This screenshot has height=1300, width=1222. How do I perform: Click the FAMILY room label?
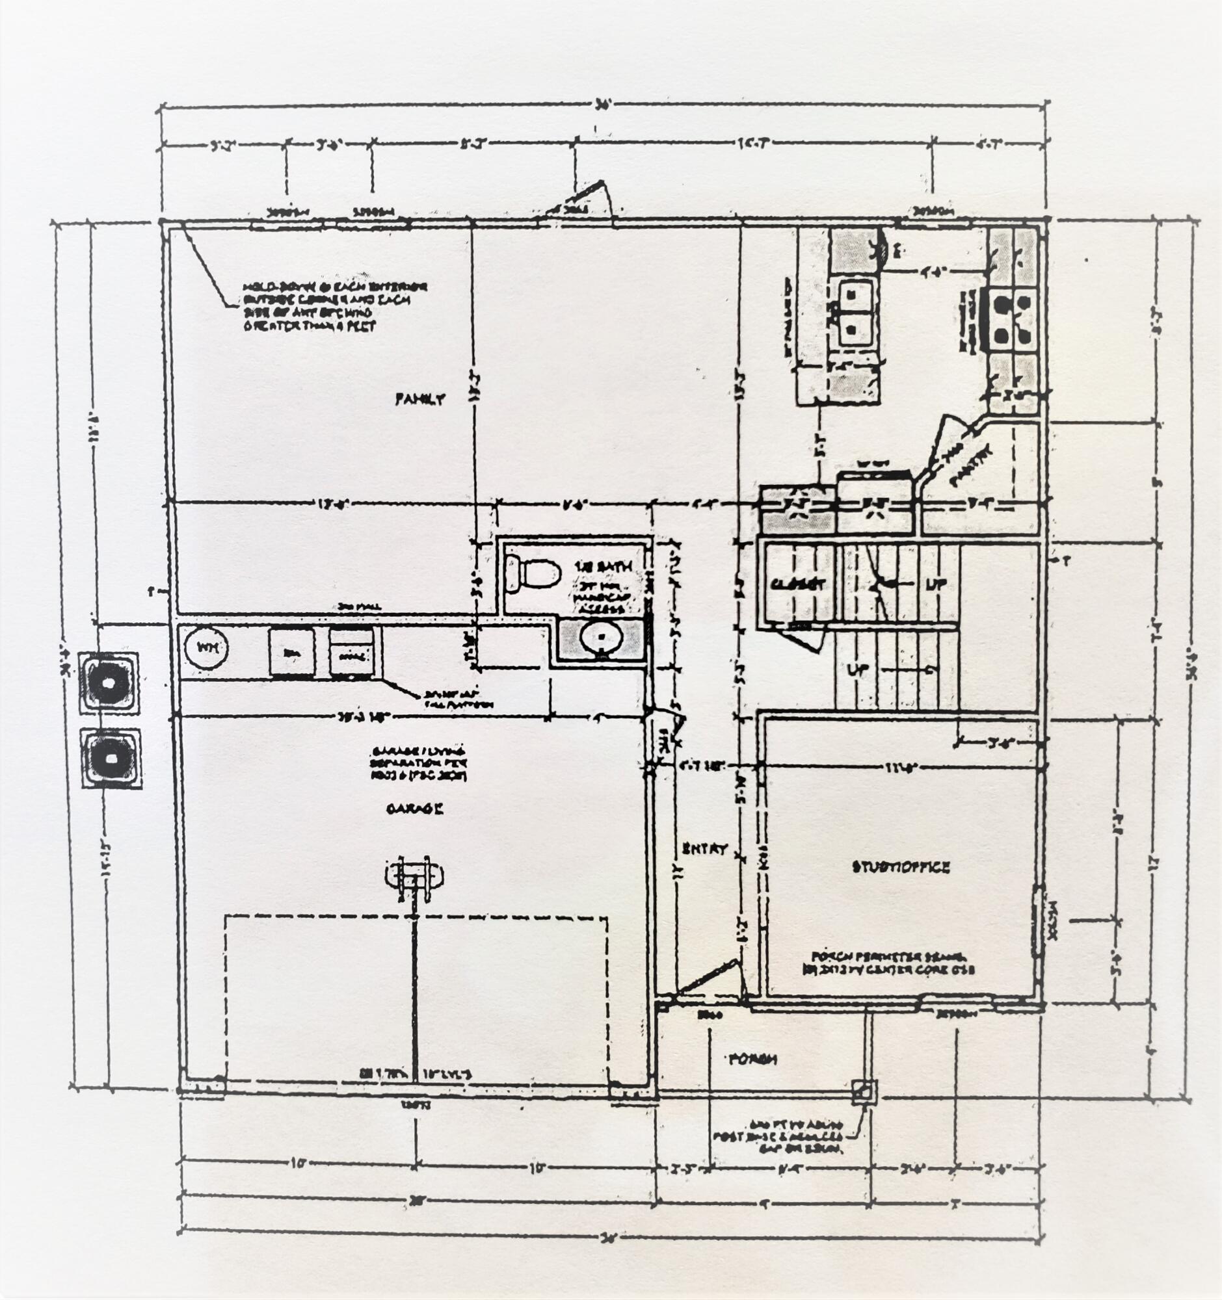click(x=420, y=399)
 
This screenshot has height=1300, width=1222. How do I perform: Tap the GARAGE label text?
click(x=415, y=809)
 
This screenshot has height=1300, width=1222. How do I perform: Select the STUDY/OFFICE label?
click(x=901, y=867)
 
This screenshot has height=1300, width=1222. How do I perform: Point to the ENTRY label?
click(x=704, y=849)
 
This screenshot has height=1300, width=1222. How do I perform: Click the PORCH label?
click(x=753, y=1059)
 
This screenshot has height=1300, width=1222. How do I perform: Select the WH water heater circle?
click(x=206, y=648)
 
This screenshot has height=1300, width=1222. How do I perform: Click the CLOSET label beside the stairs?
click(x=797, y=584)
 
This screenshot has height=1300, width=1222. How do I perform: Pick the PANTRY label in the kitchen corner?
click(x=971, y=465)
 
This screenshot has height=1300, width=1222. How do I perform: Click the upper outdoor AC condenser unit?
click(x=108, y=682)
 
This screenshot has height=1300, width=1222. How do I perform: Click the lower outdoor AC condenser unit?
click(x=111, y=758)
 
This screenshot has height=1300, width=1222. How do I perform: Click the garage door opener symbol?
click(x=414, y=876)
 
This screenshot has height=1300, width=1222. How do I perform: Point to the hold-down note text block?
click(x=334, y=306)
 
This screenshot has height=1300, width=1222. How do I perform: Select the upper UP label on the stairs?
click(x=936, y=584)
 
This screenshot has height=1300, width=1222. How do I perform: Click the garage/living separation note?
click(x=418, y=763)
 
